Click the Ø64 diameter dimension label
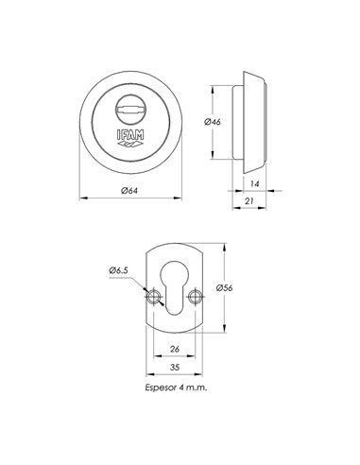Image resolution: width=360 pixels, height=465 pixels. coord(129,191)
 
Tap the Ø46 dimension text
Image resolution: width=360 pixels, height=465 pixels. coord(213,122)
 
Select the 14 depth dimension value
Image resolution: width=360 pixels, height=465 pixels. coord(254,183)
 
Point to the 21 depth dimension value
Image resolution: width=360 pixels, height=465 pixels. coord(249,200)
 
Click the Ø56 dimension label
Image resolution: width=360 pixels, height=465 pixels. coord(225,287)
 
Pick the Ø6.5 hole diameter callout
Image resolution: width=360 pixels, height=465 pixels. coord(119,270)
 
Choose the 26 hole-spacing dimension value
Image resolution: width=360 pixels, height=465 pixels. coord(174,349)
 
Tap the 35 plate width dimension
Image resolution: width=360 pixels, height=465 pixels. coord(174,367)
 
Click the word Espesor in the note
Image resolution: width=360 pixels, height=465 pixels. coord(160,387)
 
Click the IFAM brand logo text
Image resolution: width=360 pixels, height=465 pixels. coord(130,135)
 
